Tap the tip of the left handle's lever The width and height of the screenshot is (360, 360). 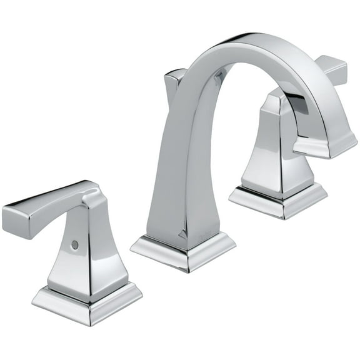pos(14,216)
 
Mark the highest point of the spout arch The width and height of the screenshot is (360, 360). pos(250,39)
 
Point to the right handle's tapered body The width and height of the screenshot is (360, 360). pos(275,150)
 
